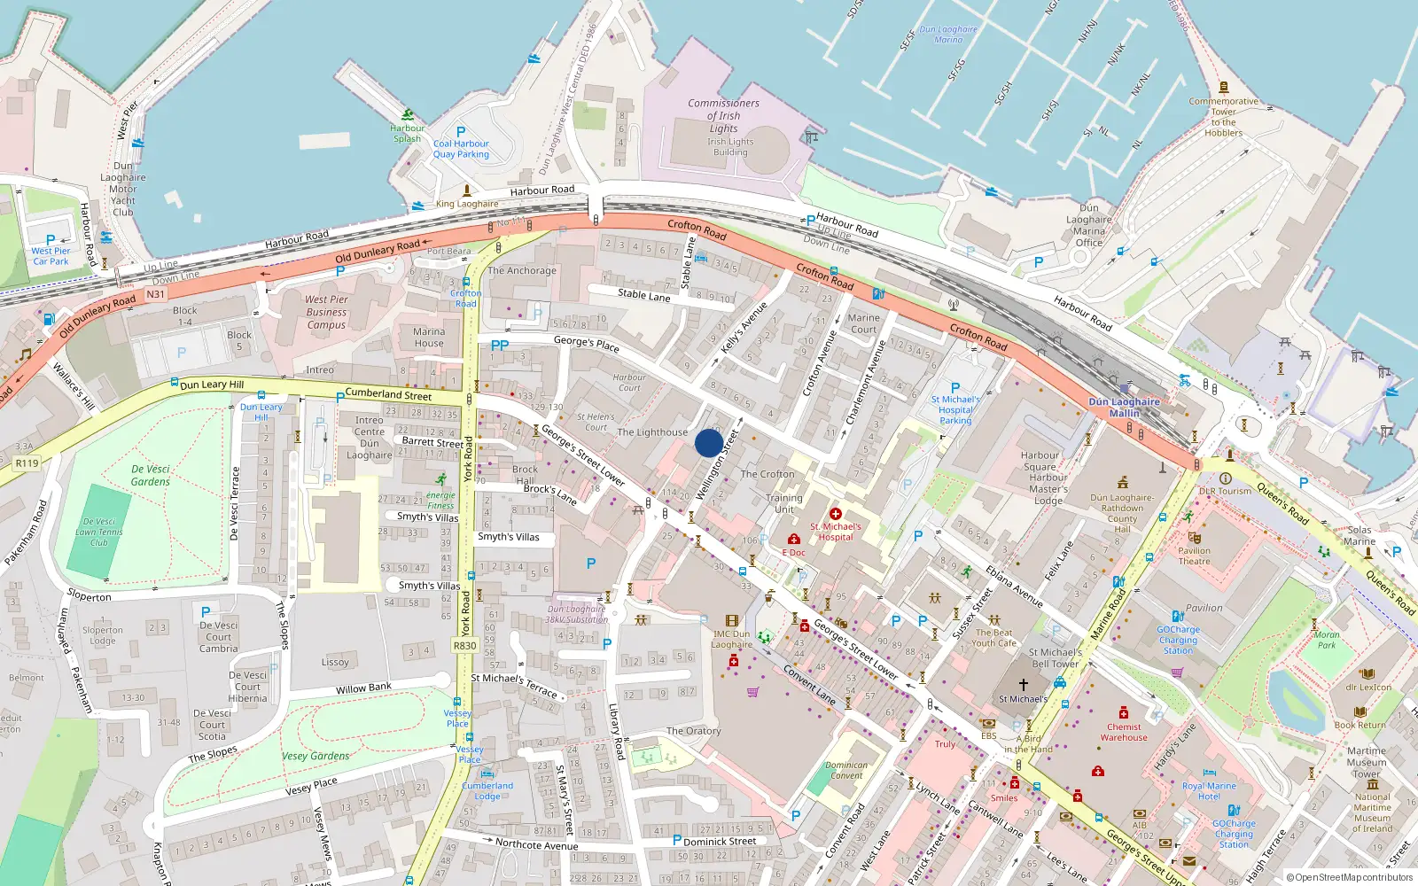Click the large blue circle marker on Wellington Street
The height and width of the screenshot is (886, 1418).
pos(708,443)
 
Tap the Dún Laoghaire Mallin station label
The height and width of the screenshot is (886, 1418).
pos(1124,408)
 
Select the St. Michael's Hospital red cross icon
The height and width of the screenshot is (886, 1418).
pos(835,514)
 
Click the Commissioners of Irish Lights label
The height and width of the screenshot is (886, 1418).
pos(723,115)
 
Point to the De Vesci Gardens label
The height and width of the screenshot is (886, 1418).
pos(150,475)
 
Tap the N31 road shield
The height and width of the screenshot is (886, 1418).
pos(155,294)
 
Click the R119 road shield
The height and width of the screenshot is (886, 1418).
pos(27,463)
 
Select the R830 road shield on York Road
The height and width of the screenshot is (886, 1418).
pos(465,646)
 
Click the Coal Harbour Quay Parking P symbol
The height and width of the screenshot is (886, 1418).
pos(461,132)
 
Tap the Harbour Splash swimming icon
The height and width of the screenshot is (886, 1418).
pos(407,115)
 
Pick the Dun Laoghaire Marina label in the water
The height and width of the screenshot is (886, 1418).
pos(948,35)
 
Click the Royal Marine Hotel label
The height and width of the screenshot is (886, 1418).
pos(1209,790)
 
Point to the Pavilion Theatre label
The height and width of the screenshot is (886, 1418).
pos(1194,556)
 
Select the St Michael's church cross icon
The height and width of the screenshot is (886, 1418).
pos(1023,684)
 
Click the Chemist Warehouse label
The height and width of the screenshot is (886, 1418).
pos(1124,732)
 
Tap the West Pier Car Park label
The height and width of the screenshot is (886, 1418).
pos(51,256)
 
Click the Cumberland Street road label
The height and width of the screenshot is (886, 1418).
pos(388,394)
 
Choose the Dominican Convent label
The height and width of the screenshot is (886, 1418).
pos(846,770)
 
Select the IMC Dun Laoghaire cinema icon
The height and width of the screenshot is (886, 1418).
pos(731,621)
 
